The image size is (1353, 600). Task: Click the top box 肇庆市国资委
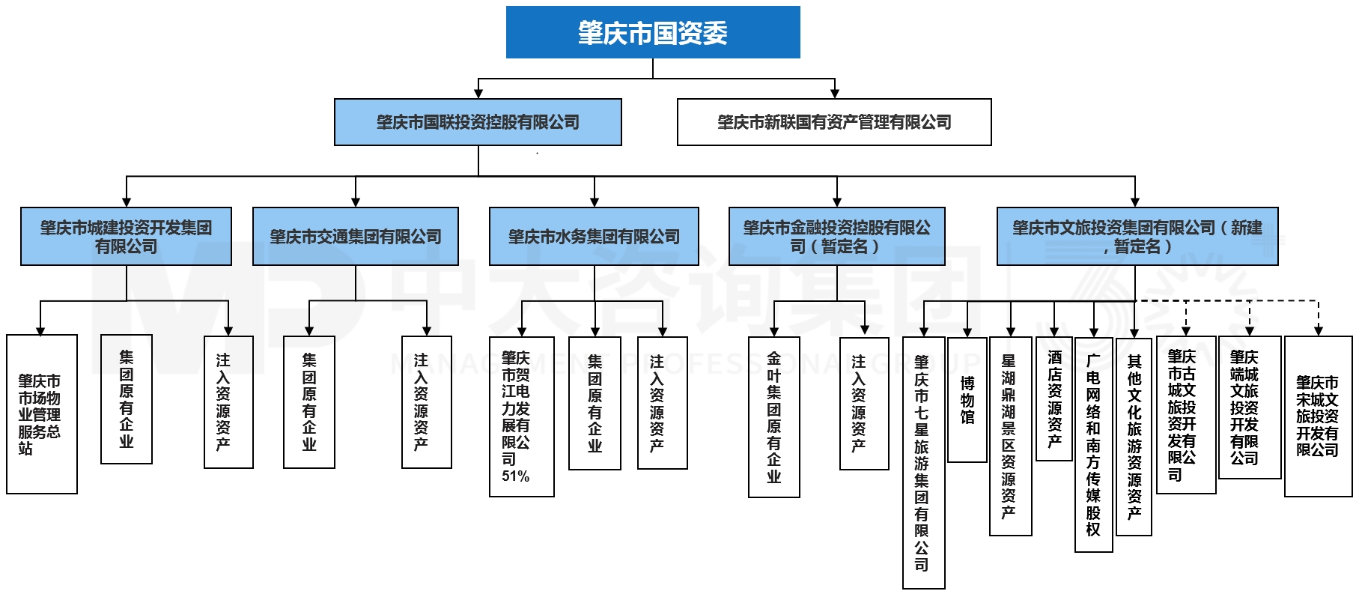point(652,32)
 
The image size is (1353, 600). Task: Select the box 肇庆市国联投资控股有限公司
point(478,122)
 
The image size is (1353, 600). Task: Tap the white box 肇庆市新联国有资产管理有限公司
point(833,122)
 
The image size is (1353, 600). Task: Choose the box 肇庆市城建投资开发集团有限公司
point(126,237)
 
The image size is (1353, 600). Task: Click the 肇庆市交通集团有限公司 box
point(355,237)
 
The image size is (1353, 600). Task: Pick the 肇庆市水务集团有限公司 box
point(594,237)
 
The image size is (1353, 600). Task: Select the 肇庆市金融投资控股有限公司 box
point(836,237)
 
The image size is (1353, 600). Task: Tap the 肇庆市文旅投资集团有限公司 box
point(1137,237)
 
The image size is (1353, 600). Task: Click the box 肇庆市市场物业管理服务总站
point(41,414)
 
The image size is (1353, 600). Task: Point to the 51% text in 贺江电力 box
point(515,476)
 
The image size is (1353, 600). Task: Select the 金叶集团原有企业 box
point(773,416)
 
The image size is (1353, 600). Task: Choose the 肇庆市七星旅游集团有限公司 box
point(922,462)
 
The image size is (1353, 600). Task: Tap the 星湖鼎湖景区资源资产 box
point(1009,436)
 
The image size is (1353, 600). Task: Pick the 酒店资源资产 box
point(1054,399)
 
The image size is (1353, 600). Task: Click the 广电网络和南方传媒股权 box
point(1093,444)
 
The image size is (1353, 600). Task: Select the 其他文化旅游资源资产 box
point(1134,436)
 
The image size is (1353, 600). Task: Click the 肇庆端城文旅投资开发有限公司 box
point(1248,407)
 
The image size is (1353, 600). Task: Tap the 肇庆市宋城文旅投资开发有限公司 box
point(1317,416)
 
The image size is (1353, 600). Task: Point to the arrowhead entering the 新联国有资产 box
point(834,94)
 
